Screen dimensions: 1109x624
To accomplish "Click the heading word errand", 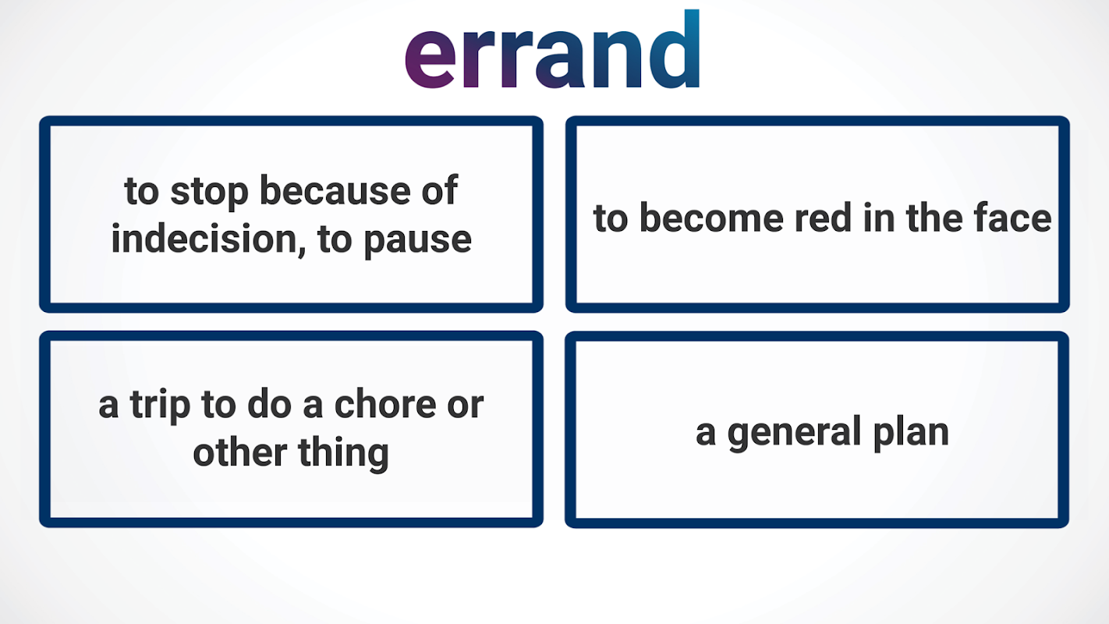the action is pyautogui.click(x=552, y=49).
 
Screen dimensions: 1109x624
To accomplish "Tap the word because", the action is pyautogui.click(x=335, y=190).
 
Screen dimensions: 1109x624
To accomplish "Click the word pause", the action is pyautogui.click(x=418, y=242).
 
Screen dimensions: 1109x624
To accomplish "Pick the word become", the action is pyautogui.click(x=711, y=217).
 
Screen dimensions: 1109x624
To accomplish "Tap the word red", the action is pyautogui.click(x=823, y=217).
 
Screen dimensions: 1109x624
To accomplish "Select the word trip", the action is pyautogui.click(x=160, y=406).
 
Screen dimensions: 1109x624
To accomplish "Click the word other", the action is pyautogui.click(x=240, y=452).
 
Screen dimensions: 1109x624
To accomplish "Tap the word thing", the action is pyautogui.click(x=344, y=454).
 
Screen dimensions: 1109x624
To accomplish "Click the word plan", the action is pyautogui.click(x=911, y=433).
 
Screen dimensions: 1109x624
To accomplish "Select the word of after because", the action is pyautogui.click(x=440, y=190).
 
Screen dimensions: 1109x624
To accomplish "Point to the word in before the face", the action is pyautogui.click(x=879, y=217).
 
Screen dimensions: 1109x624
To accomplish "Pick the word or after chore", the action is pyautogui.click(x=466, y=407).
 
